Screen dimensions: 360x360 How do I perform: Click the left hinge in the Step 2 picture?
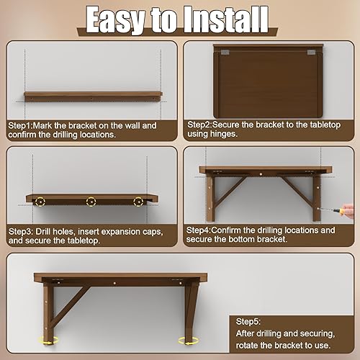coord(225,53)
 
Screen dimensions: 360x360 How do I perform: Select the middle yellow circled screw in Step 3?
coord(91,203)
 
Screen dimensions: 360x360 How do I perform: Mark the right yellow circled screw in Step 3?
coord(138,203)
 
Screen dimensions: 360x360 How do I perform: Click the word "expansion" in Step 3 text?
coord(132,231)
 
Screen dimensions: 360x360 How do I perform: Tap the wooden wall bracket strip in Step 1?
coord(91,95)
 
